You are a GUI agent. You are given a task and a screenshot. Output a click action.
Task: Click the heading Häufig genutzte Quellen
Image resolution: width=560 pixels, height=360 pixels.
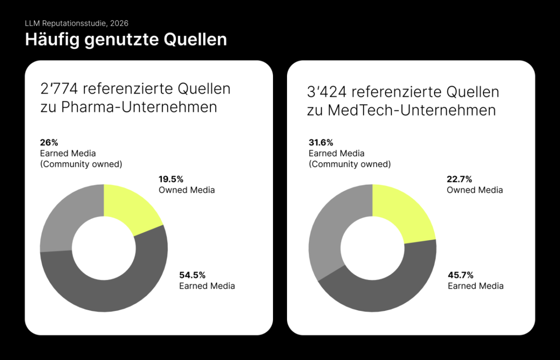tap(126, 40)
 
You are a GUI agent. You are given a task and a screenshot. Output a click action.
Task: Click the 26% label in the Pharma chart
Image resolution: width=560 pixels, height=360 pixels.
tap(49, 143)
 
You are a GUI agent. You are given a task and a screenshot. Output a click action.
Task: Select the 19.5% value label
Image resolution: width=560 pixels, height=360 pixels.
tap(171, 179)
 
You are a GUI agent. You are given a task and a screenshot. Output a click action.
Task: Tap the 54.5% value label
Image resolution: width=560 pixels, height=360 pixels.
tap(192, 275)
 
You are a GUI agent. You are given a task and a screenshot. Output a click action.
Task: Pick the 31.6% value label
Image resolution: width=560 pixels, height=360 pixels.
tap(321, 143)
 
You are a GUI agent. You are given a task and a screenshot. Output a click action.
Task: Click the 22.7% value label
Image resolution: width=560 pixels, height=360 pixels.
tap(460, 179)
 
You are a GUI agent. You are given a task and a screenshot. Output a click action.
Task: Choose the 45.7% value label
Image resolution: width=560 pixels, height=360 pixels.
tap(461, 275)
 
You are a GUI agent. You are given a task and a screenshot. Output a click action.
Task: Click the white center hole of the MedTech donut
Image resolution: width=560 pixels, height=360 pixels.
tap(372, 249)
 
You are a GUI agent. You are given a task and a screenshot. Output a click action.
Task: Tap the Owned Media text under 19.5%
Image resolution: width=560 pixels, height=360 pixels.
tap(187, 190)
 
